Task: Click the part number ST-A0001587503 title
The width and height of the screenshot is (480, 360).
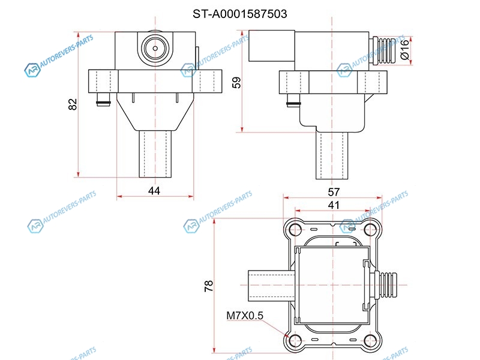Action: tap(240, 14)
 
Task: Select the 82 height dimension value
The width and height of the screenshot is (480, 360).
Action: tap(73, 104)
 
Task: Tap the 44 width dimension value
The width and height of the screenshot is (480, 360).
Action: tap(154, 191)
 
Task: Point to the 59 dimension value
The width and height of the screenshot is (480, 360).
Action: tap(236, 83)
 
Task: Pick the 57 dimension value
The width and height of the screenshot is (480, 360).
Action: tap(334, 192)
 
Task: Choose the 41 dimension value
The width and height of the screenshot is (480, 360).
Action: tap(334, 205)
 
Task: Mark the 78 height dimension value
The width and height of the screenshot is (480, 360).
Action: tap(209, 286)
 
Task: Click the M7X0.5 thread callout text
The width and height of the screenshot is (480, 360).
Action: tap(245, 316)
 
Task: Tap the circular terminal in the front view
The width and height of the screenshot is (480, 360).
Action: tap(155, 49)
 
